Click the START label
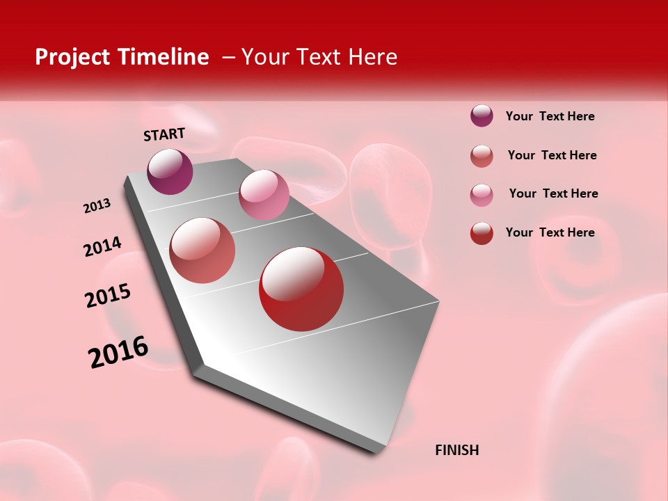(164, 134)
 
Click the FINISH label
(456, 450)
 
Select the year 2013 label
(97, 206)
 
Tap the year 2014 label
(103, 246)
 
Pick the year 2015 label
(108, 296)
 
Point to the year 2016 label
(118, 352)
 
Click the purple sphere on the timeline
(170, 172)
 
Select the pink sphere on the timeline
(264, 195)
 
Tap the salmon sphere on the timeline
(202, 250)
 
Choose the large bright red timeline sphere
(301, 289)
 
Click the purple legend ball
(482, 116)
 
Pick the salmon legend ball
(482, 156)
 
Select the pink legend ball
(482, 195)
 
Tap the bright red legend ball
(482, 233)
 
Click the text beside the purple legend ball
(550, 117)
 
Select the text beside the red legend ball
(550, 232)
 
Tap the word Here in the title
(372, 57)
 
